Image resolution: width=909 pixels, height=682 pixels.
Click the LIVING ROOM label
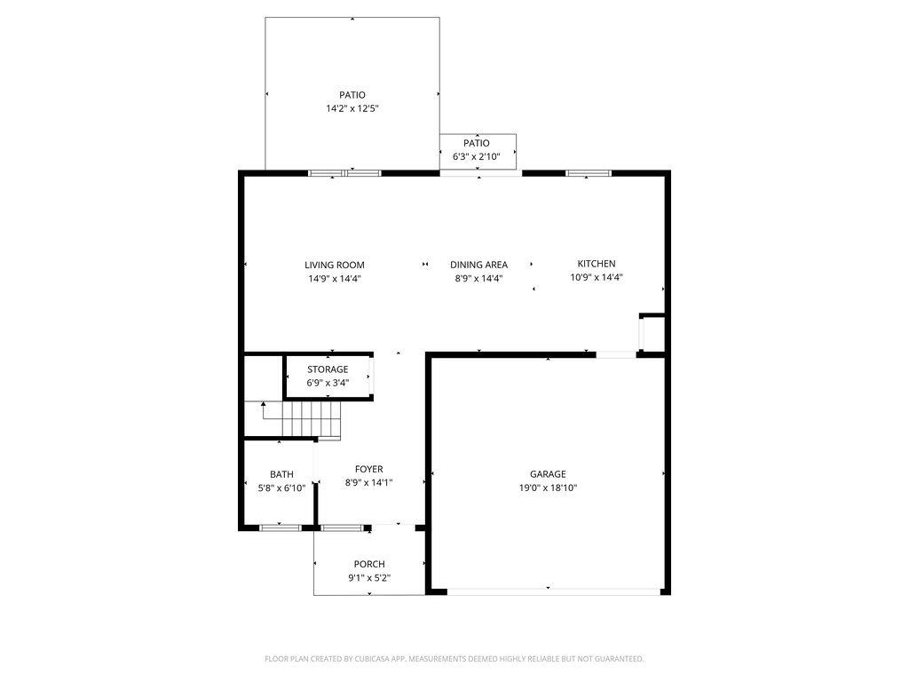335,265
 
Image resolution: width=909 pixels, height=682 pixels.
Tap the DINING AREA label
478,265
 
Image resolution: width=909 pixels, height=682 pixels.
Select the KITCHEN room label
597,263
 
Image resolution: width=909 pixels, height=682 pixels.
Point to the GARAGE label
548,474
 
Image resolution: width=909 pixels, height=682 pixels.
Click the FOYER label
368,469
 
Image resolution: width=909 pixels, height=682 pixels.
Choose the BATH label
281,474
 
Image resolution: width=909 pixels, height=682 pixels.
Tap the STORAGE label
328,369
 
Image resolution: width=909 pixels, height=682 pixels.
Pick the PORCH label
369,564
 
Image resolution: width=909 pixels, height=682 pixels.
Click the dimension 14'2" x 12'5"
352,108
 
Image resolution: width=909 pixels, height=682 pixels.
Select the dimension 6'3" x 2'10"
476,156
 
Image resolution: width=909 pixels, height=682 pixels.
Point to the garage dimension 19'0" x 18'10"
548,488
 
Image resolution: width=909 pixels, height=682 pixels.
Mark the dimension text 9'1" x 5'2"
369,577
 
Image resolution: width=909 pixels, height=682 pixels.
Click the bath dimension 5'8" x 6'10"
281,488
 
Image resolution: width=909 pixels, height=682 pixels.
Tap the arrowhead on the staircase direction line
263,404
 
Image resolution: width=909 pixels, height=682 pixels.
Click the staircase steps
312,419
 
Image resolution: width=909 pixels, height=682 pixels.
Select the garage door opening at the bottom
554,591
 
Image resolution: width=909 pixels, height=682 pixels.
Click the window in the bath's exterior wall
280,527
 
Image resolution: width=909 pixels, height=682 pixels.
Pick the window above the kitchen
589,173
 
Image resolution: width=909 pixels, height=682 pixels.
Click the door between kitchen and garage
616,354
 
